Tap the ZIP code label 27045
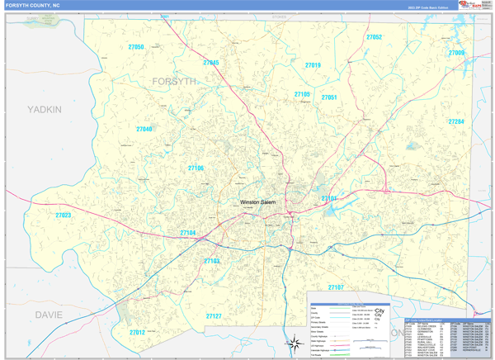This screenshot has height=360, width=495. click(x=211, y=63)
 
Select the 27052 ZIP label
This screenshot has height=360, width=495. click(x=374, y=37)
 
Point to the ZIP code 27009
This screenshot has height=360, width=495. click(x=456, y=53)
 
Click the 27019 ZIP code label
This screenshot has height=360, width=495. click(x=313, y=65)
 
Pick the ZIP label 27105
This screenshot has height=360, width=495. click(x=302, y=95)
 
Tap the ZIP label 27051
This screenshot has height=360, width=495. click(x=329, y=97)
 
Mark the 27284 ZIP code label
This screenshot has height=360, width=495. click(x=456, y=122)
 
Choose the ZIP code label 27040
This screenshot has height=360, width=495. click(x=144, y=130)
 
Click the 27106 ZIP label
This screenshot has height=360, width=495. click(x=196, y=168)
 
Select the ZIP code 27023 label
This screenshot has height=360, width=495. click(x=64, y=216)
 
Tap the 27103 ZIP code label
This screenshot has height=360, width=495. click(x=212, y=261)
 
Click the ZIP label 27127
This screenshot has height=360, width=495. click(x=214, y=316)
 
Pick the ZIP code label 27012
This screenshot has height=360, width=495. click(x=137, y=332)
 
